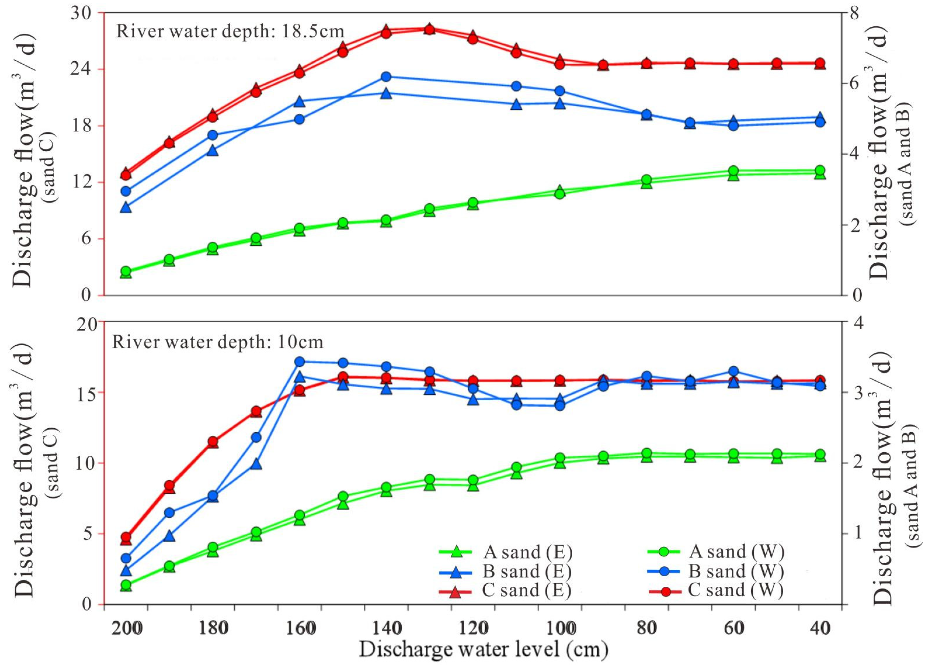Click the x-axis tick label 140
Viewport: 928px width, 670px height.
(386, 628)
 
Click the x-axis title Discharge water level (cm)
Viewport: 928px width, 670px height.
(483, 650)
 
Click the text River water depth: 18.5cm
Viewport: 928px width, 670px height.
(230, 31)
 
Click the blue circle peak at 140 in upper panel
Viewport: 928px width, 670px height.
(386, 77)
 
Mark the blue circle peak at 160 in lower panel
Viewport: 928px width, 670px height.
(300, 361)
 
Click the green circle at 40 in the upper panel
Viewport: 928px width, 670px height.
(820, 171)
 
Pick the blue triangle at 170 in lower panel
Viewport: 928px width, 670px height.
(256, 464)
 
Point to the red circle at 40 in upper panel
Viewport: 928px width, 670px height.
(820, 63)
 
